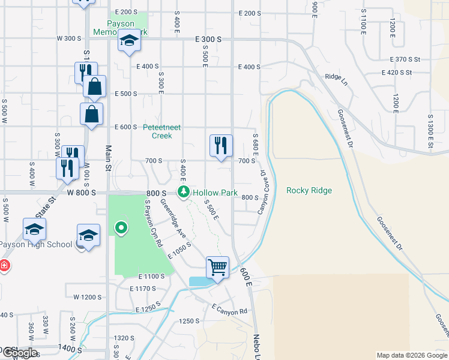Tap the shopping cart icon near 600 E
[217, 266]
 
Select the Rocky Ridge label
[309, 190]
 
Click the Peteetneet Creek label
[161, 131]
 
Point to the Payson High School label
[36, 244]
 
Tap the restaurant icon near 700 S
[221, 145]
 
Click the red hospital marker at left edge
[4, 265]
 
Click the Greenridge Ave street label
[175, 221]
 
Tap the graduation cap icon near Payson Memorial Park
[128, 41]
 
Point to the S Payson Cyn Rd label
[154, 223]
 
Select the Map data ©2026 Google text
[411, 355]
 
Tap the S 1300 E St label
[430, 131]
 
